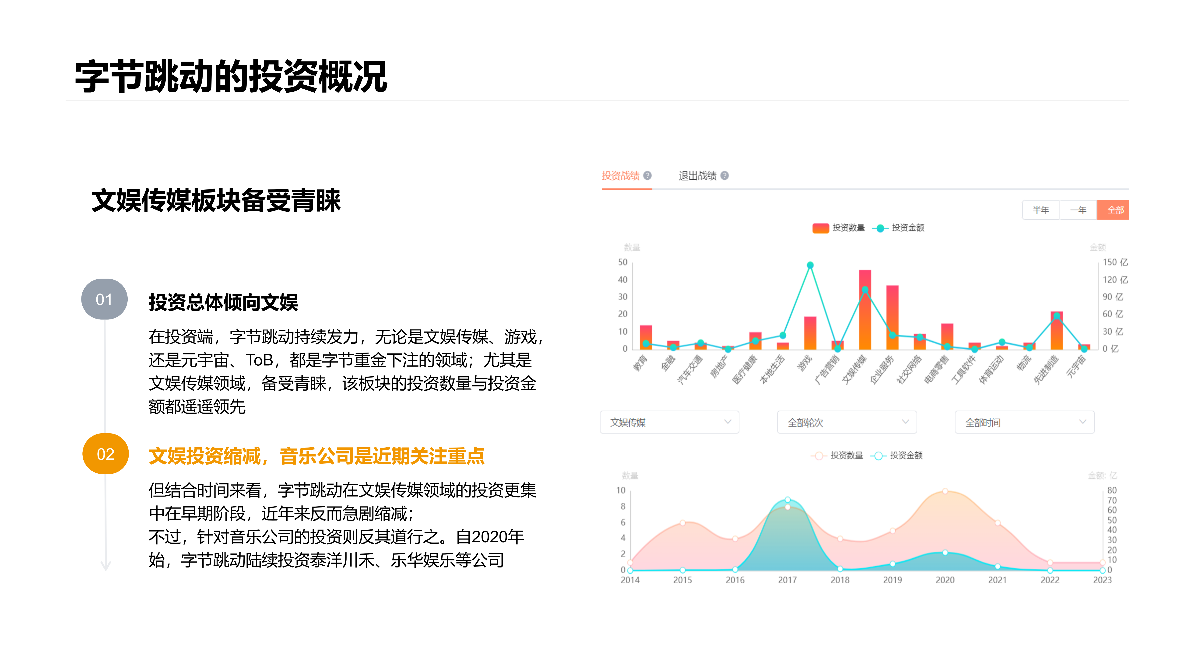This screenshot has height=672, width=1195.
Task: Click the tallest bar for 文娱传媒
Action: tap(865, 309)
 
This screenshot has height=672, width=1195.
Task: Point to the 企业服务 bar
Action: tap(892, 317)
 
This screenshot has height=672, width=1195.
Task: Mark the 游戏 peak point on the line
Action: tap(810, 265)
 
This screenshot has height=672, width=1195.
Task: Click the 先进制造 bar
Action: tap(1056, 330)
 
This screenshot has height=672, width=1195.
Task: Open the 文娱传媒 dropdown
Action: tap(669, 422)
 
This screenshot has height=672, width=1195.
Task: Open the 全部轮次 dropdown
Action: tap(847, 422)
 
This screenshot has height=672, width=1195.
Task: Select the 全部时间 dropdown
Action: tap(1024, 422)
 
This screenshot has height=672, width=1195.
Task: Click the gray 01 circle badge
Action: tap(104, 299)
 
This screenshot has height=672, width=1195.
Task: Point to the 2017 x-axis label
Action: tap(787, 580)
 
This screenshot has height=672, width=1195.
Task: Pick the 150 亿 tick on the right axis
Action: tap(1115, 262)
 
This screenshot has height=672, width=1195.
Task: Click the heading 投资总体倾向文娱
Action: tap(223, 302)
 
